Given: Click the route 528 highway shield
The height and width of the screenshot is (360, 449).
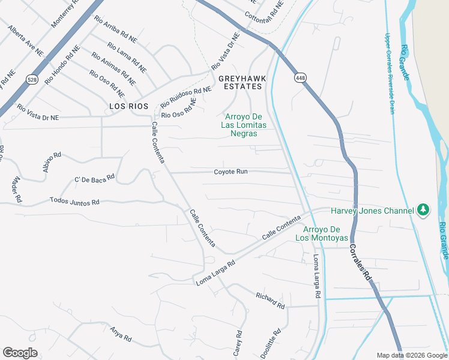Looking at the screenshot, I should (31, 79).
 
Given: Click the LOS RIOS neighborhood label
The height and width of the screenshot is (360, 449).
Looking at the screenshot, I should (125, 106).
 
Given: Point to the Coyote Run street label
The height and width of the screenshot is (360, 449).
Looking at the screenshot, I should (231, 172).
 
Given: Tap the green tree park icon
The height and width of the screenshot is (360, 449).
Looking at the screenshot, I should (424, 209).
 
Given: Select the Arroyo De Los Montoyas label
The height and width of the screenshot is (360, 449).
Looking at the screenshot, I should (321, 234).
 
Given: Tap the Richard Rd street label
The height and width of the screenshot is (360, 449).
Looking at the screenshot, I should (270, 301).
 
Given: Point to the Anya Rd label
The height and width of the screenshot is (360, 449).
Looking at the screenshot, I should (120, 334).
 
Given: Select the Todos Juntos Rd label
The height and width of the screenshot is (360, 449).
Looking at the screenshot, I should (74, 201).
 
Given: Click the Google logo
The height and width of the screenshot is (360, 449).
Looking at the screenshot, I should (20, 353).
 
